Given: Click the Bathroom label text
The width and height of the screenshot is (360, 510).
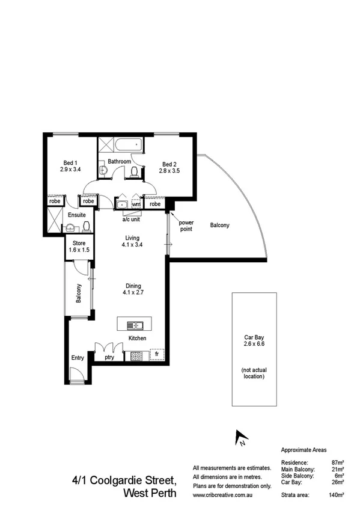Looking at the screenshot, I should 119,161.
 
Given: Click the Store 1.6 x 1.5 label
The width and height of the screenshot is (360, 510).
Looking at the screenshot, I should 78,246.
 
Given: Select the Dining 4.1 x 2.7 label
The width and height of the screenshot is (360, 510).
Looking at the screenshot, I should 133,289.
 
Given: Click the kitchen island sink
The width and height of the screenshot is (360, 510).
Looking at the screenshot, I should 135,325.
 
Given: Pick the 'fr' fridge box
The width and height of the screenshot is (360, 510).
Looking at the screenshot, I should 156,355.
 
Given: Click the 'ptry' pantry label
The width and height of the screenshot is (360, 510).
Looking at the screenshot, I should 109,357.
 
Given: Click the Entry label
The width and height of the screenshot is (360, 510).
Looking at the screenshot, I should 78,358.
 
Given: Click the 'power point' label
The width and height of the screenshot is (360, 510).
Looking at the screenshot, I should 186,226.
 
